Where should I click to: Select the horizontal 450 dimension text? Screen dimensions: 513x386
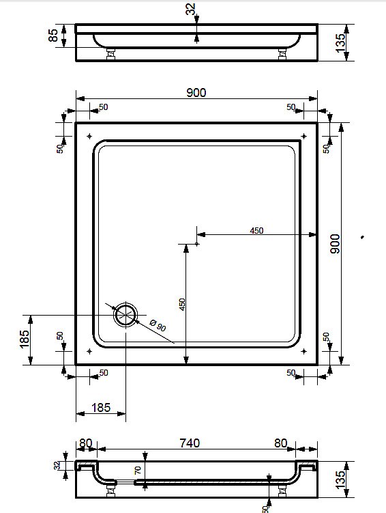[x=256, y=230]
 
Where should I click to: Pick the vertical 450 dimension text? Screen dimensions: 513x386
[x=182, y=304]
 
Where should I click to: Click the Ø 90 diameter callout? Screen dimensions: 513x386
[x=158, y=326]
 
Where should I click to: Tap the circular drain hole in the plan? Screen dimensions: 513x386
[x=126, y=316]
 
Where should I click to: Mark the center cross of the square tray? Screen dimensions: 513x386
[x=196, y=242]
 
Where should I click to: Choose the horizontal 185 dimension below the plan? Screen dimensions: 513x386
[x=100, y=408]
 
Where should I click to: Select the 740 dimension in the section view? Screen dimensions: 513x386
[x=189, y=443]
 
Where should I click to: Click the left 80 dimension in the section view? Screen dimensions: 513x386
[x=85, y=443]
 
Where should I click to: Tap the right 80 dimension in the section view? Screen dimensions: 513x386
[x=281, y=443]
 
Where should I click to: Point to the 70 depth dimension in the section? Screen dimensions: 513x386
[x=138, y=469]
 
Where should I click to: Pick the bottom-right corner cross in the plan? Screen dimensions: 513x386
[x=303, y=351]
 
